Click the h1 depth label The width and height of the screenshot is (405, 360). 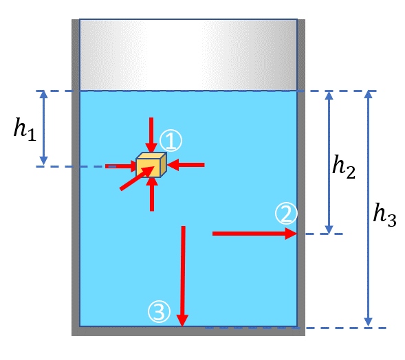(x=25, y=129)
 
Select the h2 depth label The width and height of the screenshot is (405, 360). (x=344, y=167)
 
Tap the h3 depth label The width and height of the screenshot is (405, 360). (x=384, y=215)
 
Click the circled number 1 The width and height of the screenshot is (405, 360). (x=171, y=141)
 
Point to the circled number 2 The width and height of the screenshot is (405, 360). (x=286, y=214)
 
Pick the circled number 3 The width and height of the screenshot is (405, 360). (x=159, y=311)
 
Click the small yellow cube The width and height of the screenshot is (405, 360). (x=151, y=165)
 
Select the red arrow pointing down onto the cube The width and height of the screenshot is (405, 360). (x=151, y=135)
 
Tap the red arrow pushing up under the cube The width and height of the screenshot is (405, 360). (x=152, y=194)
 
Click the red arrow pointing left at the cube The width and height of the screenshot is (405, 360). (x=186, y=165)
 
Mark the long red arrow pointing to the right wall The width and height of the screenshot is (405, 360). (x=254, y=234)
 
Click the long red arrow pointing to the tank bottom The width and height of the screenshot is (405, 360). (x=183, y=276)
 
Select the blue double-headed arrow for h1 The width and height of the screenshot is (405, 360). (x=43, y=128)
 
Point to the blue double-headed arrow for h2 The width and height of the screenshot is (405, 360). (x=329, y=162)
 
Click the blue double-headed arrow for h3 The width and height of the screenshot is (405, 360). (x=369, y=209)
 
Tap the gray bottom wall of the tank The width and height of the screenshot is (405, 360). (x=188, y=331)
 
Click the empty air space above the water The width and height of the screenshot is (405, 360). (x=188, y=55)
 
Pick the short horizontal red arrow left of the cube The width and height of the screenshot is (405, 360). (x=120, y=166)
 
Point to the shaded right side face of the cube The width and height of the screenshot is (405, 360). (x=164, y=165)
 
